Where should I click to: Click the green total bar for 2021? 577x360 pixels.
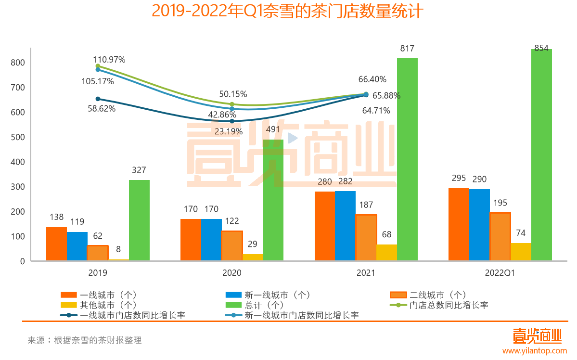click(x=407, y=159)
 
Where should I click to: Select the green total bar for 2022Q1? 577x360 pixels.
click(x=541, y=155)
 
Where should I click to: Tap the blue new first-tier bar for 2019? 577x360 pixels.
click(x=77, y=246)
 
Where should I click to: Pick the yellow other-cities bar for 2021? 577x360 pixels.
click(x=386, y=253)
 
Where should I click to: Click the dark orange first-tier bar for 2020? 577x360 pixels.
click(x=191, y=240)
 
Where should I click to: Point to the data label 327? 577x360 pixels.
click(x=139, y=170)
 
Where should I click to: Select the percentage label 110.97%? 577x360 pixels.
click(x=109, y=60)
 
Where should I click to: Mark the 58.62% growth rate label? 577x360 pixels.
click(x=102, y=109)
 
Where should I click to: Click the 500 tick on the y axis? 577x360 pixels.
click(x=17, y=137)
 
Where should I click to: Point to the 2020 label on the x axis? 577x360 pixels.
click(x=231, y=273)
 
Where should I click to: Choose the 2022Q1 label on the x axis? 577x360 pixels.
click(x=500, y=273)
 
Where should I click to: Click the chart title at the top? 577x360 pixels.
click(x=287, y=11)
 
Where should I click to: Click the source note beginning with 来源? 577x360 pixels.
click(x=84, y=340)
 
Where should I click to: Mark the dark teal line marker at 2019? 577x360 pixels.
click(x=98, y=99)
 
